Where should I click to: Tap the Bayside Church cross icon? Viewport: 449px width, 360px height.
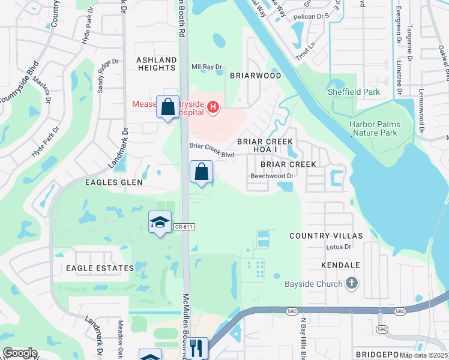352,283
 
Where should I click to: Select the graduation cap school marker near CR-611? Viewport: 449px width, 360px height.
160,223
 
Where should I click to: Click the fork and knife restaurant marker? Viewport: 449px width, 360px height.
197,348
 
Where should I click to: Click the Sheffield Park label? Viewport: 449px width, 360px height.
354,92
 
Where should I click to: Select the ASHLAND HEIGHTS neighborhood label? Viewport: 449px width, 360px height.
156,64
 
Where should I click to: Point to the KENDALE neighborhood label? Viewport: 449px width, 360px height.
340,265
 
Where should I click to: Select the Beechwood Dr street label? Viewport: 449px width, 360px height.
271,176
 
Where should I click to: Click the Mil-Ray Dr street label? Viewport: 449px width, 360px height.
206,67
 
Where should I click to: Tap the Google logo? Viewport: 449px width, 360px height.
20,353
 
